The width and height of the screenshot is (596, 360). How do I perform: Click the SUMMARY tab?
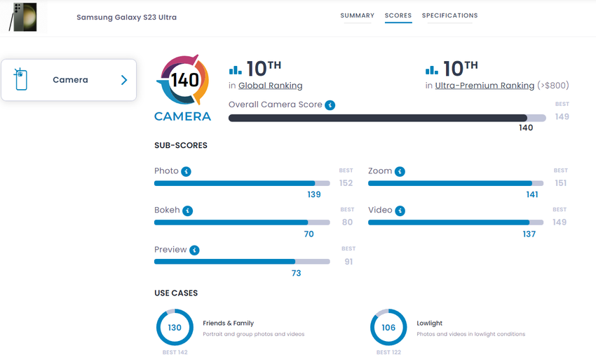point(357,15)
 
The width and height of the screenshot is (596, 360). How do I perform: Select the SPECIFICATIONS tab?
point(449,15)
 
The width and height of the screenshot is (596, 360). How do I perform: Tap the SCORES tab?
point(398,15)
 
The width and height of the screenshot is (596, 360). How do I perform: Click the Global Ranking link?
point(270,86)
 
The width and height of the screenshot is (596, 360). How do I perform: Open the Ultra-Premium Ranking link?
point(485,86)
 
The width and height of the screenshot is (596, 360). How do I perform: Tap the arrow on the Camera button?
point(124,80)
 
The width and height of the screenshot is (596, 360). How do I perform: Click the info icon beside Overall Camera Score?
point(330,105)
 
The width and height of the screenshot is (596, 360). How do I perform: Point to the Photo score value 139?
point(314,194)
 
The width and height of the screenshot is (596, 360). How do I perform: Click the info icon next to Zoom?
point(400,171)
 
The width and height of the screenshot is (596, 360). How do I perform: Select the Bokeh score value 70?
point(309,234)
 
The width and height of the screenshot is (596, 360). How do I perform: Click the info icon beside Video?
point(400,211)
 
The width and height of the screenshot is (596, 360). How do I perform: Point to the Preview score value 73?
point(296,273)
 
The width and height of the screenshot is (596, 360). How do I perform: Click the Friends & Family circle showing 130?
point(175,328)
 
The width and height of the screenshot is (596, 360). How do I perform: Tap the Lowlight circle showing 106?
point(388,328)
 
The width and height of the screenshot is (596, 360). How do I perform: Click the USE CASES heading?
point(176,293)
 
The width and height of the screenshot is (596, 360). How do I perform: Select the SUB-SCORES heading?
point(181,145)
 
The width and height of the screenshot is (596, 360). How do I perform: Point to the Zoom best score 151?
point(560,183)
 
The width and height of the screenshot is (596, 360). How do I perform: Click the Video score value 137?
point(529,234)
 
